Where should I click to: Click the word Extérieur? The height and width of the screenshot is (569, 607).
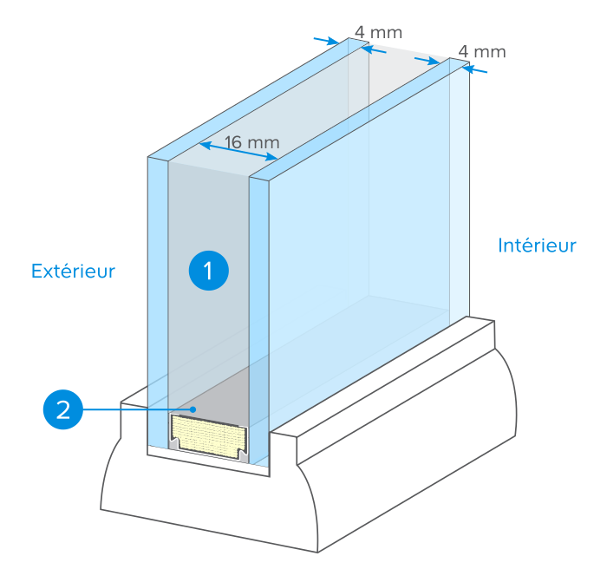coord(73,271)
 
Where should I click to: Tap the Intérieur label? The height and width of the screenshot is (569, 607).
coord(537,245)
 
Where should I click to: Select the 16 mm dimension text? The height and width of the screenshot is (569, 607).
coord(252,142)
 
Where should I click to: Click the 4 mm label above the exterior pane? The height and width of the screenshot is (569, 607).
coord(378,32)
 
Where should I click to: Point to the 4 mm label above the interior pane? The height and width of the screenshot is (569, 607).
coord(482,51)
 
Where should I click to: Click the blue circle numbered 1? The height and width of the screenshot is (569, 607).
coord(209,271)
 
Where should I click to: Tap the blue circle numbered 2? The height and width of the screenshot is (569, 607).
coord(63,409)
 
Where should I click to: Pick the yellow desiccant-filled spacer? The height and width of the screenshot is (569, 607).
coord(209,436)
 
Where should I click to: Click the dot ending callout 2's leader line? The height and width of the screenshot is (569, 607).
coord(193,409)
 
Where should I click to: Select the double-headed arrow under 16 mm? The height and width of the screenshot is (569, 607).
coord(238,151)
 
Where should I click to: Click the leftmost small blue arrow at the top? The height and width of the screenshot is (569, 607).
coord(326,41)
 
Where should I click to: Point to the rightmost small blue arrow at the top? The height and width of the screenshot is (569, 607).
coord(474,69)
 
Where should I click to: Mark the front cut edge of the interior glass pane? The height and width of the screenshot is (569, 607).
coord(259,322)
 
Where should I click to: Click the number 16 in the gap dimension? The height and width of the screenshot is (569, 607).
coord(233,142)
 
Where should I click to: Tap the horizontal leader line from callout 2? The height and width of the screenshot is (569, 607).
coord(138,409)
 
